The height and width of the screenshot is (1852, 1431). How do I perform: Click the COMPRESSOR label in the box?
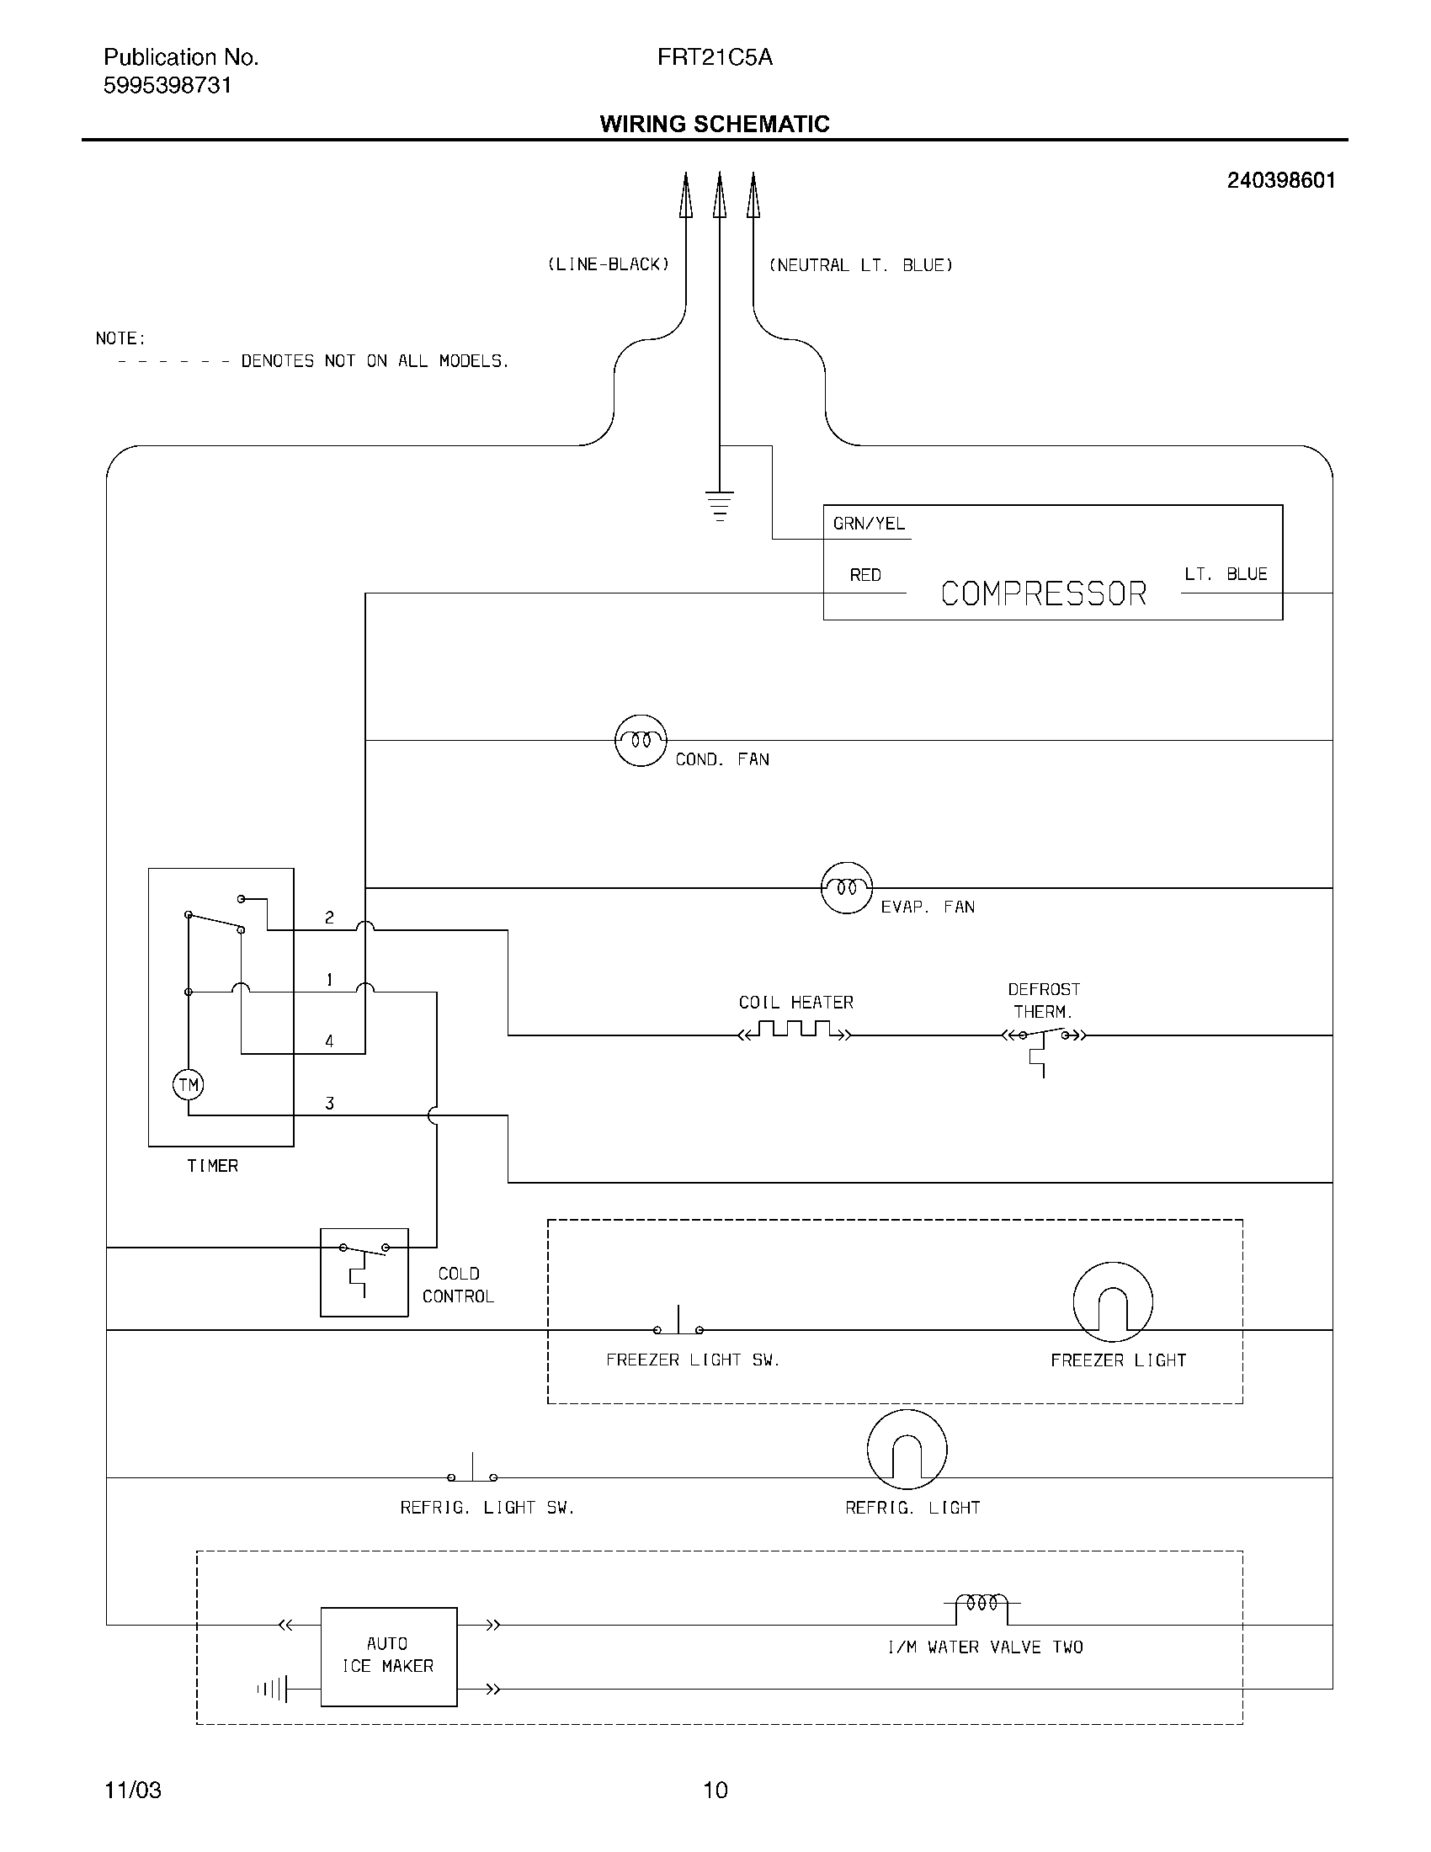(1044, 593)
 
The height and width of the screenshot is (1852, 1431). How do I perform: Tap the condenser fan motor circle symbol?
(641, 740)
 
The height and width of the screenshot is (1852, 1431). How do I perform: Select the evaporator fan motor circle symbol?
(847, 888)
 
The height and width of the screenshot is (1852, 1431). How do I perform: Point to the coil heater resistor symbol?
(795, 1031)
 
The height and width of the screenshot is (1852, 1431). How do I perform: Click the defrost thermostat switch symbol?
(1043, 1035)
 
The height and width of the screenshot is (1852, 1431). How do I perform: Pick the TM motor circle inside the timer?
(189, 1084)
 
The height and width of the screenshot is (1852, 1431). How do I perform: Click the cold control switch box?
(364, 1272)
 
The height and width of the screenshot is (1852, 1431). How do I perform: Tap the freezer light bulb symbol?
(1112, 1301)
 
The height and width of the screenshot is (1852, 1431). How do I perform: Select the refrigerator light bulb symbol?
(907, 1450)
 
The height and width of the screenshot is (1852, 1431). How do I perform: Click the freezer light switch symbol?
(678, 1324)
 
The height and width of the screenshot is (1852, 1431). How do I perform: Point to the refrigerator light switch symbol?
(472, 1473)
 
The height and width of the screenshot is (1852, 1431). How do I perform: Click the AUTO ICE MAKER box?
(388, 1656)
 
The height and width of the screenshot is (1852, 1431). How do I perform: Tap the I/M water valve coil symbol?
(981, 1604)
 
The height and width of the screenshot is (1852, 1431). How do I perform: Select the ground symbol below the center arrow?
(719, 505)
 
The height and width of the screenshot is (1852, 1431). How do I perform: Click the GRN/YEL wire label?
(869, 524)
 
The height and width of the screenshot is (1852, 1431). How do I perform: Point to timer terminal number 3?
(330, 1104)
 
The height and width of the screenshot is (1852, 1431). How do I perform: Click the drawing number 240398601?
(1281, 181)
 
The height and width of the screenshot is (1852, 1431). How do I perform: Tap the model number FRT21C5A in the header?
(715, 57)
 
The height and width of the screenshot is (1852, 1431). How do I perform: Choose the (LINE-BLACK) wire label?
(608, 264)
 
